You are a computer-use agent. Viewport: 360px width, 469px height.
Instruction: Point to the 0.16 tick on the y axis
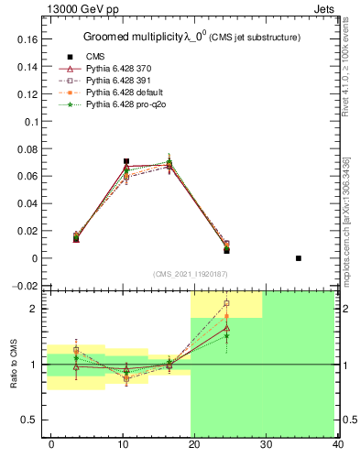click(29, 40)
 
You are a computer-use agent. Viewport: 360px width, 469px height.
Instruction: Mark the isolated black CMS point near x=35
click(299, 258)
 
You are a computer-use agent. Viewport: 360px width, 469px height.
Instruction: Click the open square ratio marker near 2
click(226, 303)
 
